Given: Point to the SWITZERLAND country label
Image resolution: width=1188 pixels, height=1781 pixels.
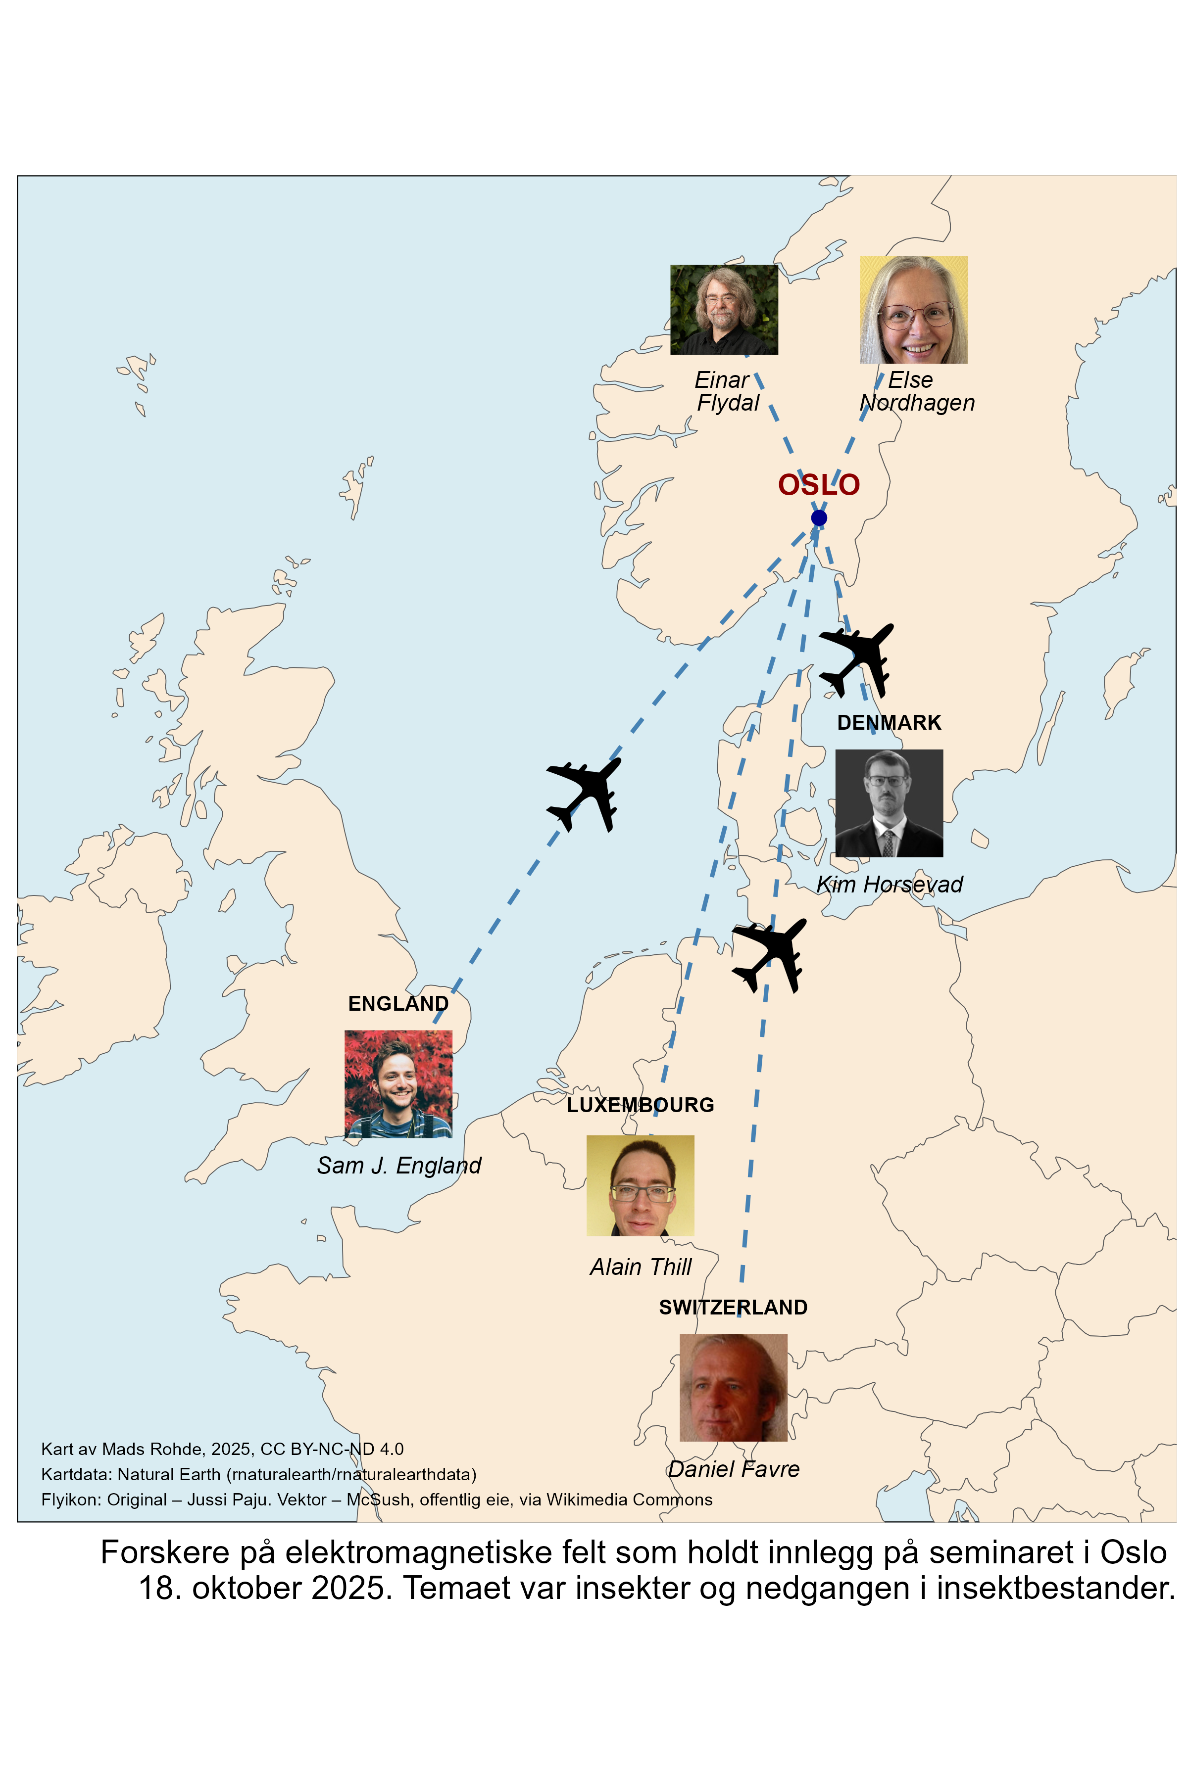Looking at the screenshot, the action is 733,1307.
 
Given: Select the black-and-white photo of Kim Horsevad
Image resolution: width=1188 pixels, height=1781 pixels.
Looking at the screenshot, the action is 889,803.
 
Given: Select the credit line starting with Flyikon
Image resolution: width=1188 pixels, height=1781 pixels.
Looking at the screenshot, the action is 377,1500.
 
